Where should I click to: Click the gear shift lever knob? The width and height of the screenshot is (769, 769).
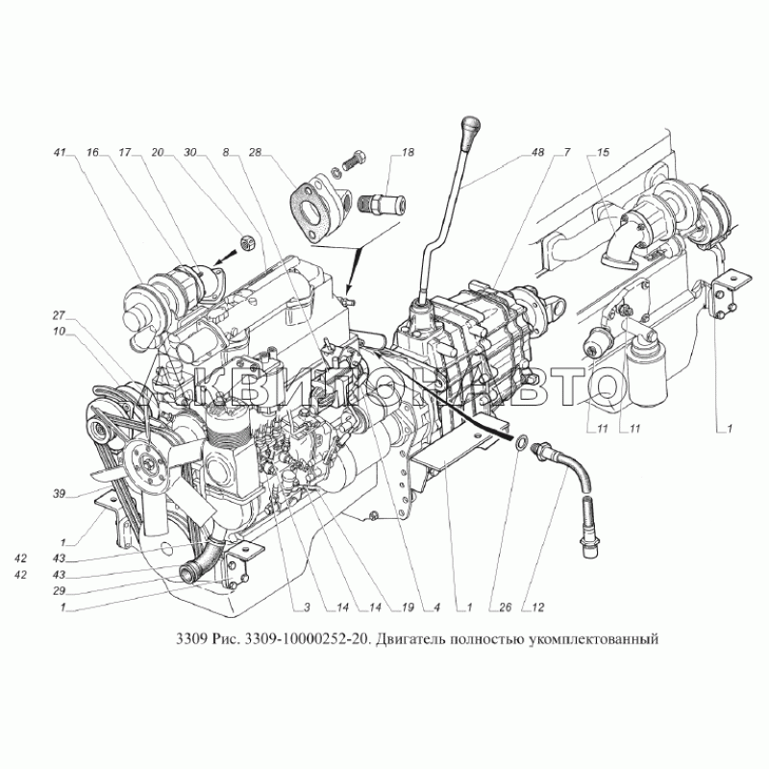(x=470, y=128)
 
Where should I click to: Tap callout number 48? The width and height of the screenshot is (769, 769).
(x=538, y=153)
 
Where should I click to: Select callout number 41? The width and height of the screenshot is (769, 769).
(x=60, y=153)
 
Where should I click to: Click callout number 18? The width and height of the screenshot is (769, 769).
(x=408, y=153)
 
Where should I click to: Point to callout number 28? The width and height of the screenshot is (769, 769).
(x=256, y=153)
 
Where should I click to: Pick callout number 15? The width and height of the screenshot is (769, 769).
(x=604, y=153)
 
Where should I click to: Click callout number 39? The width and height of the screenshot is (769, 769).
(x=60, y=494)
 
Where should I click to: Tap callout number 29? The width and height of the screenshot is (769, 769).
(x=60, y=591)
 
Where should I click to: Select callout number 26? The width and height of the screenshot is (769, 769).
(x=506, y=608)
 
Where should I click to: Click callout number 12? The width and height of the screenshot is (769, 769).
(x=538, y=608)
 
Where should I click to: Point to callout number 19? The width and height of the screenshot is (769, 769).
(x=408, y=608)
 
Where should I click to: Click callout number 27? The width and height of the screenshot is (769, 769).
(x=60, y=315)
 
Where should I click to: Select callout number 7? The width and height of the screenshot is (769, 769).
(x=567, y=153)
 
